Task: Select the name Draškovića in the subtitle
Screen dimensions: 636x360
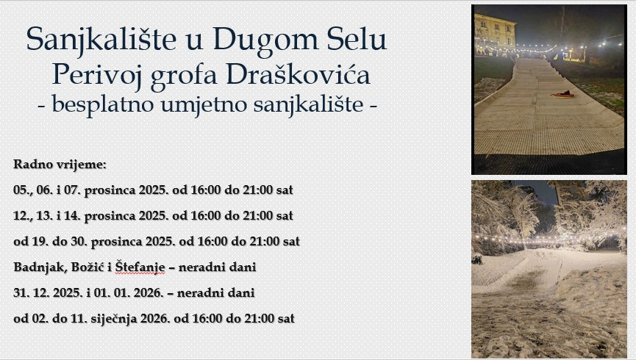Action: [298, 75]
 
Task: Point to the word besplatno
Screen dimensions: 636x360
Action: [103, 104]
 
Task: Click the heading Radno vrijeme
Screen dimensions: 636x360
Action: [60, 165]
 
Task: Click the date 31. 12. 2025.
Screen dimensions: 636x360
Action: [48, 292]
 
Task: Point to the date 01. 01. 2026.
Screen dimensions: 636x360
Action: [129, 292]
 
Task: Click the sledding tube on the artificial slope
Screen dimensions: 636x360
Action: [562, 95]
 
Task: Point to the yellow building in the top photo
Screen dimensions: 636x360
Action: [495, 31]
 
